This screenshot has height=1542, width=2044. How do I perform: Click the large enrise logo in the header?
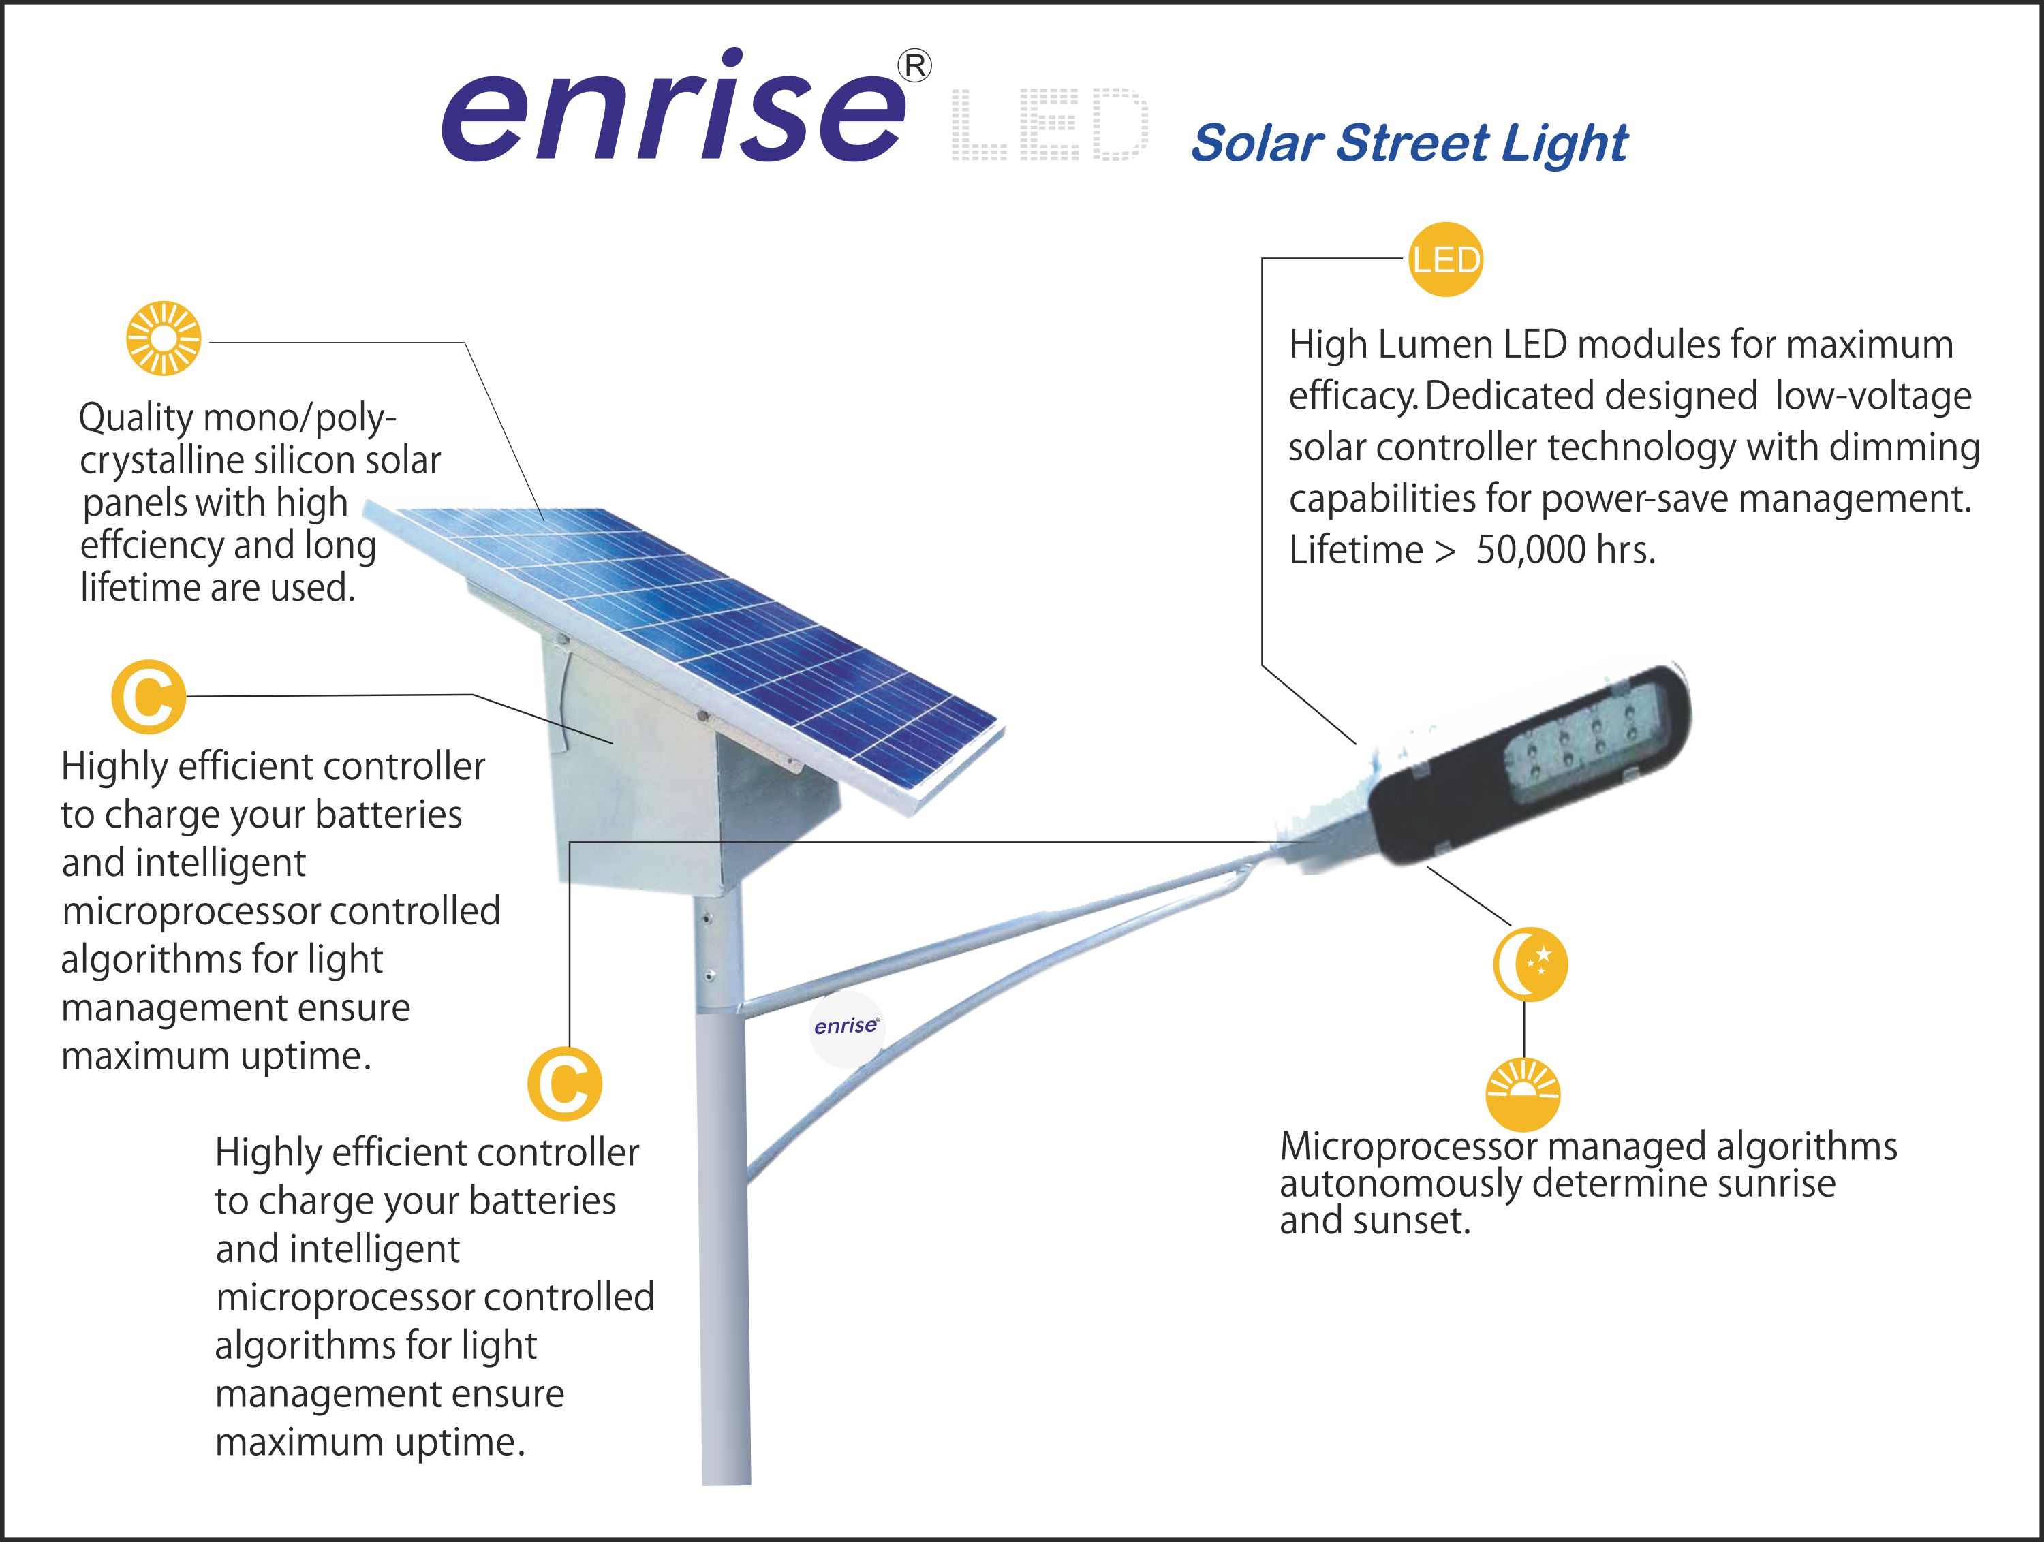(x=672, y=106)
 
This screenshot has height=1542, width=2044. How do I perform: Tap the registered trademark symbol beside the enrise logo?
(x=915, y=67)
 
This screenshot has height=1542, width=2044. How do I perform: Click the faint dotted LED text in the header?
(x=1050, y=124)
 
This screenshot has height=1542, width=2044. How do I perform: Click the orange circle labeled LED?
(x=1445, y=259)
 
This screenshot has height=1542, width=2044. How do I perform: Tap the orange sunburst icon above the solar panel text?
(x=164, y=338)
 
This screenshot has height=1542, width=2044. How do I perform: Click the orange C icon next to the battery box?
(x=148, y=697)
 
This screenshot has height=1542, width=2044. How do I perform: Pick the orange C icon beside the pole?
(x=565, y=1084)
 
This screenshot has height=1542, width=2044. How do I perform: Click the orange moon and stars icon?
(x=1530, y=964)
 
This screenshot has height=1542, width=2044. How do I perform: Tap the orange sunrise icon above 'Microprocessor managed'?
(x=1523, y=1095)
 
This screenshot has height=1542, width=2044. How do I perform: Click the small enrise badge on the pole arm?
(x=846, y=1029)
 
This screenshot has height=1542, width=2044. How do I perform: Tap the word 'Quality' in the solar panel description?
(x=136, y=418)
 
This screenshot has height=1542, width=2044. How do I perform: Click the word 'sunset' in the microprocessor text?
(x=1412, y=1221)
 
